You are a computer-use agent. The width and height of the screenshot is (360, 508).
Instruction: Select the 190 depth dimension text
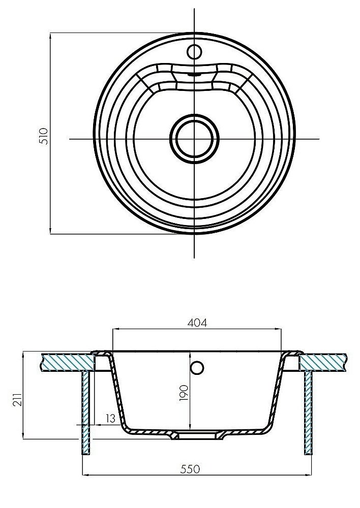pyautogui.click(x=184, y=393)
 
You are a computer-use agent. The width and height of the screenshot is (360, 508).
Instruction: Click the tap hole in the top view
pyautogui.click(x=194, y=51)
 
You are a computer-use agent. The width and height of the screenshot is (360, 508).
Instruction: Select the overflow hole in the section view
pyautogui.click(x=197, y=367)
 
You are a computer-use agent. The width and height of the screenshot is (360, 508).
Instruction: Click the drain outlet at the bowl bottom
pyautogui.click(x=196, y=435)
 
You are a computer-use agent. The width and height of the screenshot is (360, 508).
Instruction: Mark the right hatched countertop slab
pyautogui.click(x=324, y=362)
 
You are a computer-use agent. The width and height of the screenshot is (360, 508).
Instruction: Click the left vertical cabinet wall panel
pyautogui.click(x=86, y=411)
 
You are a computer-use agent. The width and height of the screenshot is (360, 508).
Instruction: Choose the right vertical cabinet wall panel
pyautogui.click(x=308, y=411)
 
